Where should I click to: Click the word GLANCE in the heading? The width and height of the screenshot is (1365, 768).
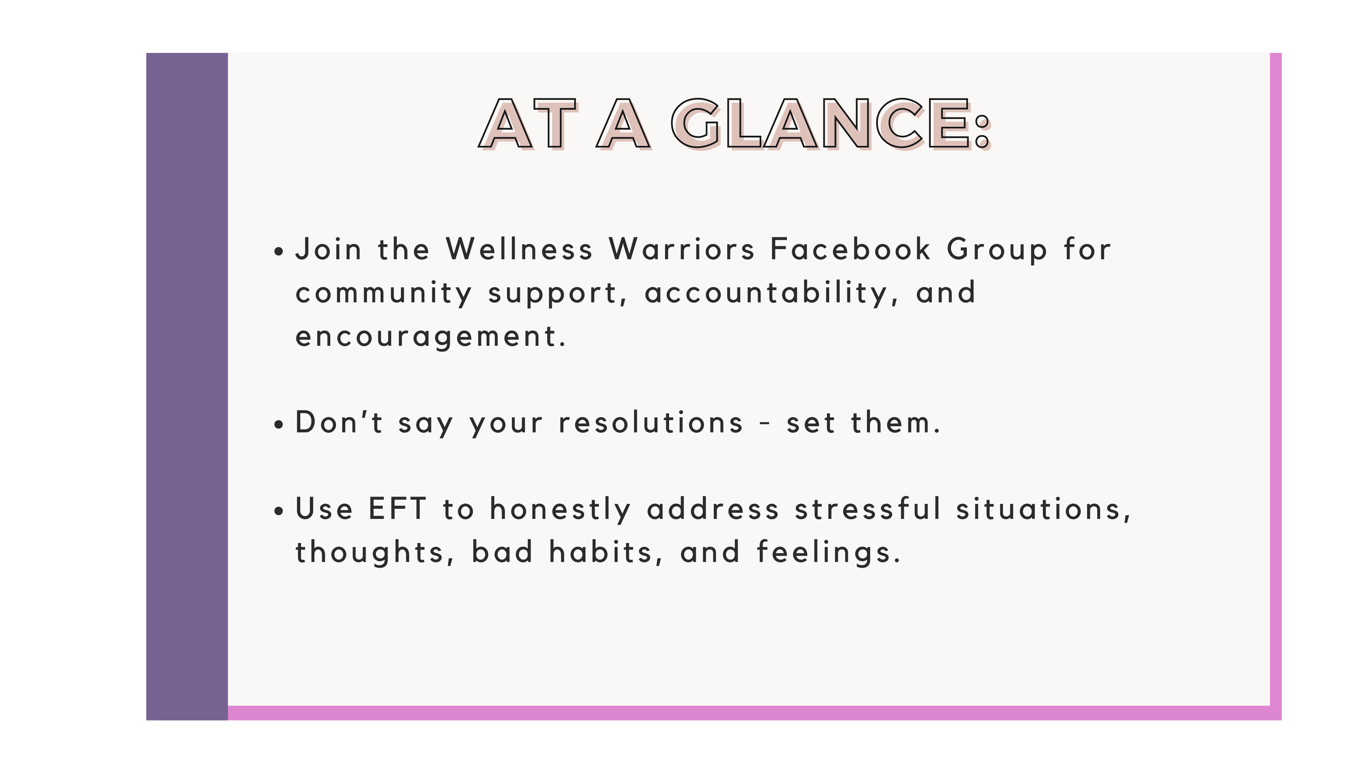pyautogui.click(x=823, y=124)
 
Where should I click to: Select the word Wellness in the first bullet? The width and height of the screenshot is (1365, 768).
pyautogui.click(x=519, y=249)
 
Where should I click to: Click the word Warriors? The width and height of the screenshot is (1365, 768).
pyautogui.click(x=682, y=249)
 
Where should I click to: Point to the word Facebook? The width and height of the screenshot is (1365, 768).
pyautogui.click(x=850, y=249)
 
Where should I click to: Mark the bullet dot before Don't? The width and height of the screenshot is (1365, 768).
pyautogui.click(x=279, y=425)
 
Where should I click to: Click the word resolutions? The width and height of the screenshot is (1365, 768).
pyautogui.click(x=651, y=423)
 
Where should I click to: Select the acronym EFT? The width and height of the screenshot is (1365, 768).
pyautogui.click(x=397, y=509)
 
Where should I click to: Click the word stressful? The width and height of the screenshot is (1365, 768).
pyautogui.click(x=869, y=509)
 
